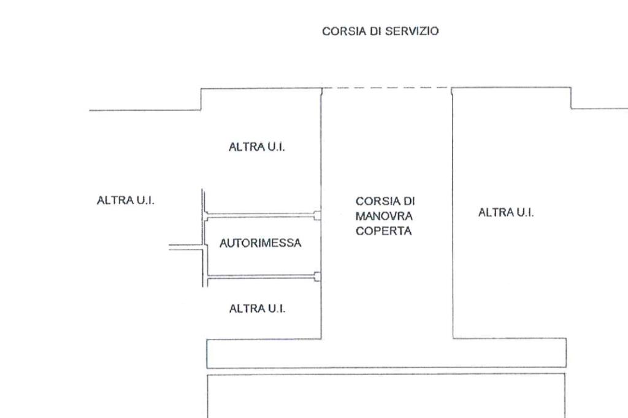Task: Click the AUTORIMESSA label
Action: point(261,243)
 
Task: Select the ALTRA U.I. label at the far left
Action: point(126,200)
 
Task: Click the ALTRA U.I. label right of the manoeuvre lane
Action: point(506,213)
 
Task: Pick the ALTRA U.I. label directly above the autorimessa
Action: point(257,147)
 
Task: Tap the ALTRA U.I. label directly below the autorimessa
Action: point(257,308)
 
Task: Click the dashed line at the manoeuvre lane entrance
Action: point(386,88)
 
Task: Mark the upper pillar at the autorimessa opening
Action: point(317,215)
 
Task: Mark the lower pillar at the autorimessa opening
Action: point(317,276)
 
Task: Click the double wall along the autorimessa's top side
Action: point(261,216)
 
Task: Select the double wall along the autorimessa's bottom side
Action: point(261,277)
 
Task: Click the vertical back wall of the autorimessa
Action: point(205,245)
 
